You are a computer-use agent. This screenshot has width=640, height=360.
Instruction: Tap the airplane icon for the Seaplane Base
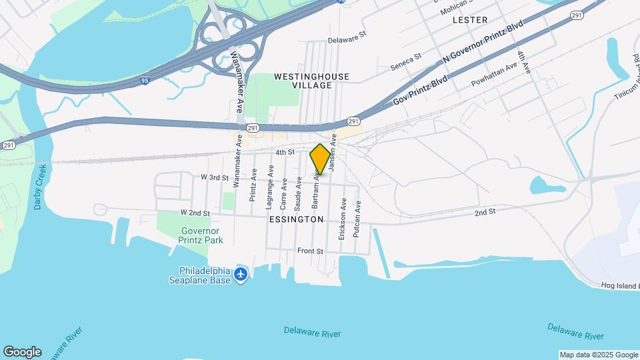point(241,274)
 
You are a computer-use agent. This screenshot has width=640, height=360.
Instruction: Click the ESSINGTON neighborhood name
point(297,219)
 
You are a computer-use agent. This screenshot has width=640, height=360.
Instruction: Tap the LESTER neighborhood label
point(470,20)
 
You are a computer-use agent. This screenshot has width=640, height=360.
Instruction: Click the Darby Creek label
point(39,187)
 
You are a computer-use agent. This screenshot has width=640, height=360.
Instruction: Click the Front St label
point(310,251)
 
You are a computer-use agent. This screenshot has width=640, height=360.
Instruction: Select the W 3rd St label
point(214,178)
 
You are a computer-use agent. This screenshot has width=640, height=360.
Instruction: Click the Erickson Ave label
point(342,218)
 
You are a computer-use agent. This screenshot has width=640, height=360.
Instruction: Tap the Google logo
point(22,352)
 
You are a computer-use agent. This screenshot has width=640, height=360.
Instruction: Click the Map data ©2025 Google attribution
point(599,355)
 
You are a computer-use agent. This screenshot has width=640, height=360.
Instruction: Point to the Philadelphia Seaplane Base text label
point(205,275)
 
